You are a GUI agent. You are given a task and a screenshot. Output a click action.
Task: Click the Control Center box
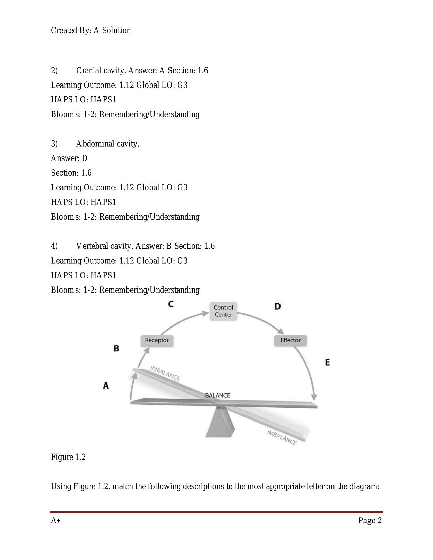(x=223, y=311)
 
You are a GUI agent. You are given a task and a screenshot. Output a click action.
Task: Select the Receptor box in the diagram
(x=157, y=340)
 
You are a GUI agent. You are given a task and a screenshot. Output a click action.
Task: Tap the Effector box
(x=290, y=340)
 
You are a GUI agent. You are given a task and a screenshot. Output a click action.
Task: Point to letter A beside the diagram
(x=106, y=386)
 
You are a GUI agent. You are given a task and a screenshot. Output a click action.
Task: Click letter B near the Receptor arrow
(x=116, y=349)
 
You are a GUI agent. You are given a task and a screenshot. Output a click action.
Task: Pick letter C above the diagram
(x=171, y=304)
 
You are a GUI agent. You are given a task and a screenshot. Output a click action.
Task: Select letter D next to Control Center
(x=277, y=306)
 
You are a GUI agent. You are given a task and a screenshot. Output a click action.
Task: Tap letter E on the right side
(x=327, y=362)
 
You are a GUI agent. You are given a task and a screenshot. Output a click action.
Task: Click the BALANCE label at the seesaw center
(x=217, y=395)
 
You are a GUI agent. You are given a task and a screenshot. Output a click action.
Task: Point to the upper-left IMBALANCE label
(x=165, y=373)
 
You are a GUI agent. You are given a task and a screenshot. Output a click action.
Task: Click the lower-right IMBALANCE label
(x=282, y=437)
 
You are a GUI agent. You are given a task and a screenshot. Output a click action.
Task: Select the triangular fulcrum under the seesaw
(x=220, y=423)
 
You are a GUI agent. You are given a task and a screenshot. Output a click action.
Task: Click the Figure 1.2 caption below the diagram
(x=68, y=457)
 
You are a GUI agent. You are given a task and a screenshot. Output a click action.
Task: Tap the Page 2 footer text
(x=370, y=521)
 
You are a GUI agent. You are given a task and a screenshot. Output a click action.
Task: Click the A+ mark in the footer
(x=56, y=521)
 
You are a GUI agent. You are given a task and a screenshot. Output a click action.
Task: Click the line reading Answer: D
(x=69, y=158)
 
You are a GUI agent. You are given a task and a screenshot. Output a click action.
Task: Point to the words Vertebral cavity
(x=104, y=246)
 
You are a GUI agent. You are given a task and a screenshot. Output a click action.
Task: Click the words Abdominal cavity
(x=108, y=144)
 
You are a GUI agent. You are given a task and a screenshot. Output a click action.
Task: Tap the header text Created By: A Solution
(x=91, y=31)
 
